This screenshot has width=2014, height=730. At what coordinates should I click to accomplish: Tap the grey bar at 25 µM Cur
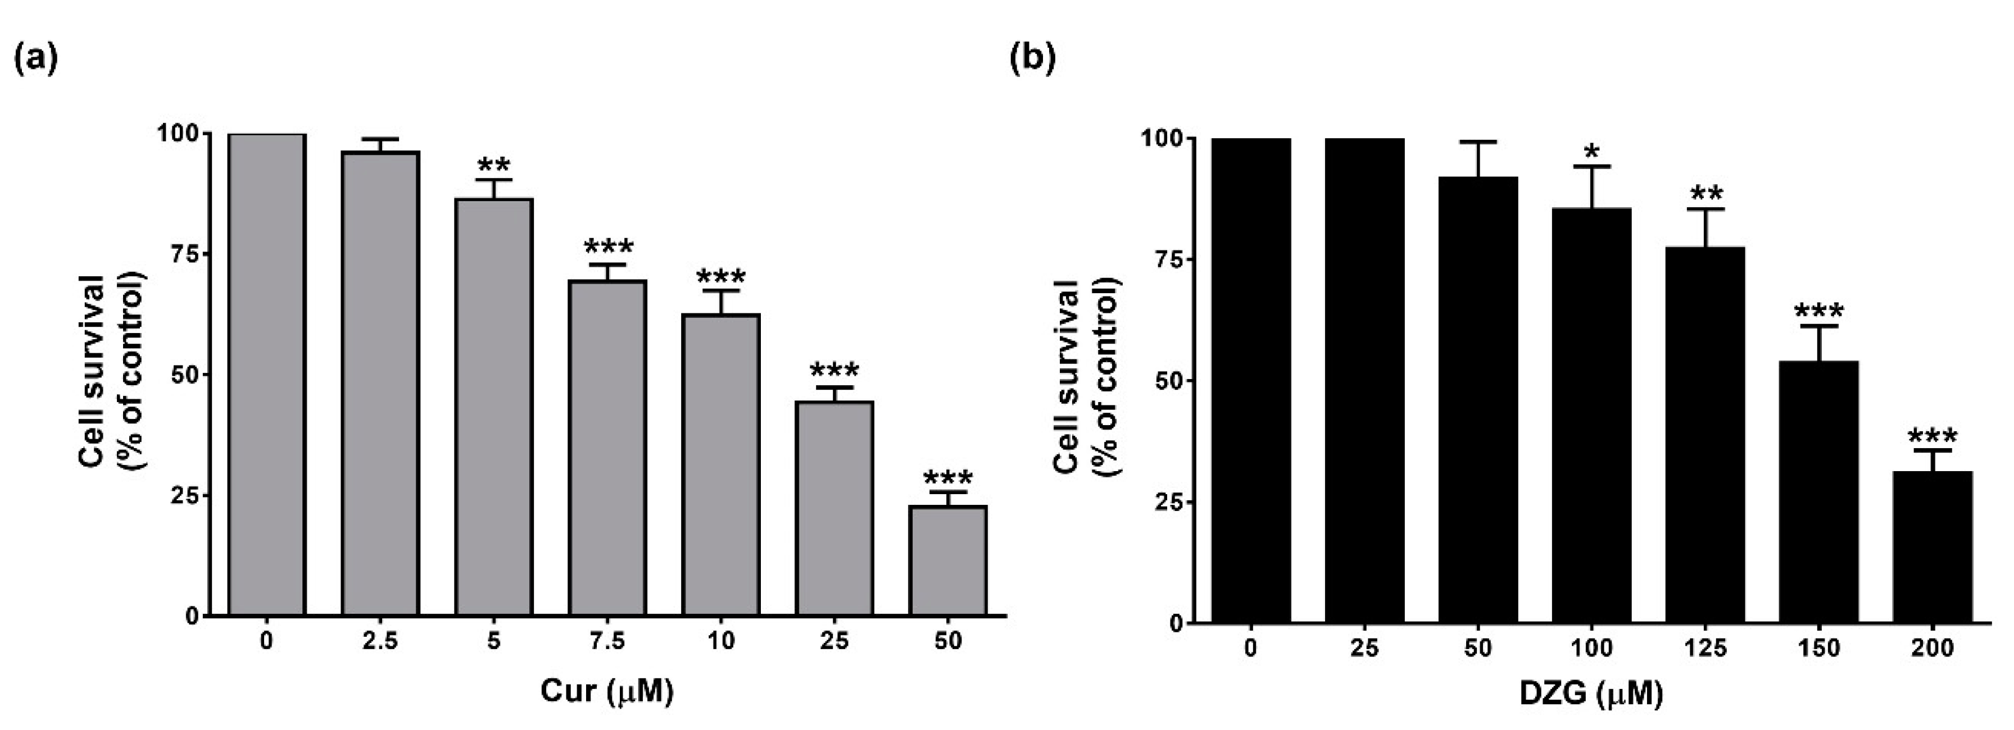coord(834,508)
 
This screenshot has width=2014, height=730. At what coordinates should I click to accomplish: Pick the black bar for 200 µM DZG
coord(1932,547)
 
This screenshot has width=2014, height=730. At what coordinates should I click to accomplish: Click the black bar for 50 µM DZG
coord(1478,399)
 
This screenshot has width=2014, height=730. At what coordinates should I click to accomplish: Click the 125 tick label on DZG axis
coord(1705,648)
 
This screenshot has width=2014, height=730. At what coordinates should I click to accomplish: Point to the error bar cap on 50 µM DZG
coord(1478,142)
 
